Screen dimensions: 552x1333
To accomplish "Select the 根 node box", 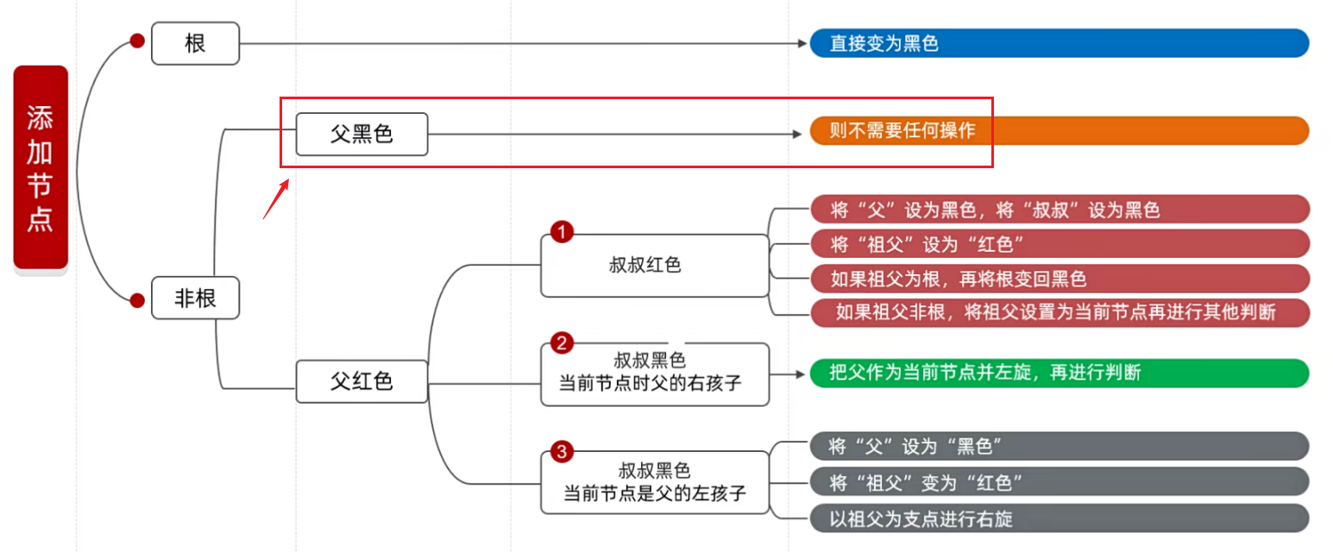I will coord(195,43).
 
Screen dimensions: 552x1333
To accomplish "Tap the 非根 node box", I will coord(195,298).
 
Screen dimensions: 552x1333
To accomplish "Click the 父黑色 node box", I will coord(362,134).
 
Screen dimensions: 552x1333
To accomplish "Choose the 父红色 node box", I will coord(362,381).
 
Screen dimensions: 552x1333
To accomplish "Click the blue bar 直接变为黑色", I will coord(1059,43).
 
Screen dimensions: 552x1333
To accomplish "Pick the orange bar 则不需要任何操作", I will coord(1059,131).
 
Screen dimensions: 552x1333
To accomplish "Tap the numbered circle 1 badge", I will coord(562,232).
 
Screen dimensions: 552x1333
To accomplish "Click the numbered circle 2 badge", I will coord(562,343).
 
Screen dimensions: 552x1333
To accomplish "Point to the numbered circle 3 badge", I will coord(562,451).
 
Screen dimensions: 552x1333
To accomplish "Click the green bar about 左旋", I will coord(1059,373).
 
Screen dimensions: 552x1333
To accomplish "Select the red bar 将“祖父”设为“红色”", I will coord(1059,244).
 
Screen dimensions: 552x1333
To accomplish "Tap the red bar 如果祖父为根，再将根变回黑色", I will coord(1059,279).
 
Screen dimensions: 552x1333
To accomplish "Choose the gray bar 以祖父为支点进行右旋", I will coord(1059,518).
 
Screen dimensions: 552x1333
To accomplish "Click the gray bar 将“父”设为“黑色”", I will coord(1059,446).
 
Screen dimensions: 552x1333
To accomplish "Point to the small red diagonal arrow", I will coord(275,199).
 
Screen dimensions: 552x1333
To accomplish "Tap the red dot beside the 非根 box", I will coord(136,300).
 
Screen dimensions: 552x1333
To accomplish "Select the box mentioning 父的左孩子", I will coord(654,482).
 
